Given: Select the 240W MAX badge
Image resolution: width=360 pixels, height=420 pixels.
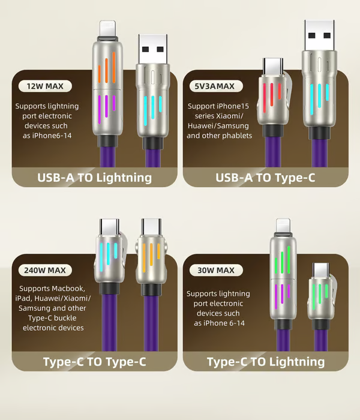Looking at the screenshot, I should [x=44, y=269].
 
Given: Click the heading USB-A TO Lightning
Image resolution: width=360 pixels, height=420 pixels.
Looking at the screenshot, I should [x=95, y=178].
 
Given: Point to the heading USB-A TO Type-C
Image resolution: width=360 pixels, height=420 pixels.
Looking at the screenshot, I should [x=265, y=178].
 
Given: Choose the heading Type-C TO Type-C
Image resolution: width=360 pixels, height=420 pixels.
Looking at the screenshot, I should [x=95, y=362].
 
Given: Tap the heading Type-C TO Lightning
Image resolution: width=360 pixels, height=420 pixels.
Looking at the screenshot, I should [x=265, y=362].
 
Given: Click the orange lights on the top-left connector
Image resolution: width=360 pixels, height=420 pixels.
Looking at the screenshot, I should [x=106, y=71].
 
